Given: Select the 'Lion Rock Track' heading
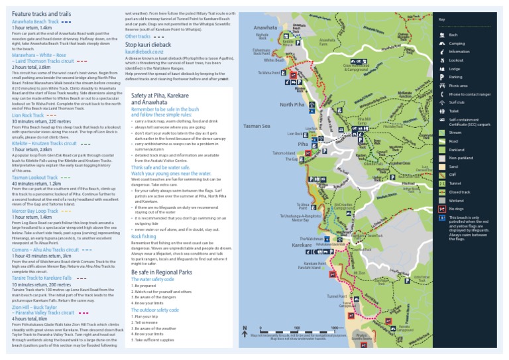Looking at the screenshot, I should tap(27, 115).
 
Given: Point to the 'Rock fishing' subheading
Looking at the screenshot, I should tap(144, 236).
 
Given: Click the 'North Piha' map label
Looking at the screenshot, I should tap(292, 105).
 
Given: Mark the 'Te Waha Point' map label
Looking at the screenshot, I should tap(269, 73).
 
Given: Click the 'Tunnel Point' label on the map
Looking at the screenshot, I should tap(338, 297).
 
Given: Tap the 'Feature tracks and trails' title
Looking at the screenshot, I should tap(41, 14).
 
